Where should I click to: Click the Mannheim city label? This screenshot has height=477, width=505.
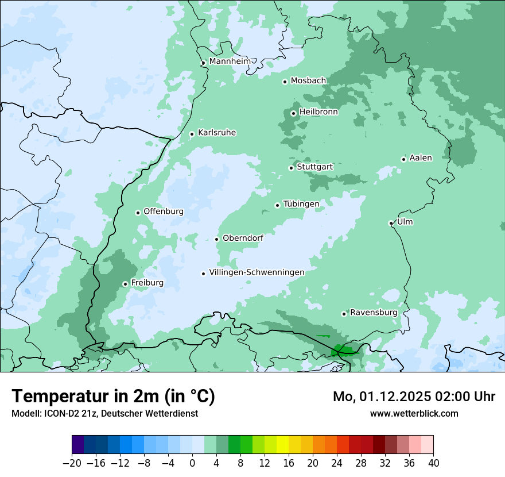tap(230, 61)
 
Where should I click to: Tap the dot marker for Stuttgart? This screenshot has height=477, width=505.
tap(292, 168)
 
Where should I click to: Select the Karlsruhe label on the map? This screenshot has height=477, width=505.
tap(216, 133)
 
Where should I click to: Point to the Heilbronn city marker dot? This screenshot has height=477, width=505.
tap(293, 113)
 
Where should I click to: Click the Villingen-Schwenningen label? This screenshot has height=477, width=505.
tap(257, 272)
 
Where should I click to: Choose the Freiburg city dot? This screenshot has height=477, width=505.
tap(125, 284)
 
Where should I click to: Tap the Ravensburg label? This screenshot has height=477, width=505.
tap(374, 313)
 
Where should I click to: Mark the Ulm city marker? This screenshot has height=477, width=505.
tap(391, 223)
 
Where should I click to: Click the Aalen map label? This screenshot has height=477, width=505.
tap(420, 158)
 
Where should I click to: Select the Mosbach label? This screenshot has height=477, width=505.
tap(308, 81)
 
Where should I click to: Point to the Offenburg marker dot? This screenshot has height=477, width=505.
tap(138, 213)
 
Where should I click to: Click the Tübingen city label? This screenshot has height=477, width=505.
tap(301, 205)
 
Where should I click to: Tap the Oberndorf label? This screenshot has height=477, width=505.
tap(243, 238)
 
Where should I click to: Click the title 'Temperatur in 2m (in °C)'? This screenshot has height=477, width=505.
tap(113, 397)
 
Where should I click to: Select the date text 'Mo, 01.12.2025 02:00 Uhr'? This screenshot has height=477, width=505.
tap(414, 397)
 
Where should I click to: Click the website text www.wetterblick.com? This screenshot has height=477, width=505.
tap(414, 413)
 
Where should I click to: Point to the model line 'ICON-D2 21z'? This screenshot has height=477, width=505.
tap(104, 413)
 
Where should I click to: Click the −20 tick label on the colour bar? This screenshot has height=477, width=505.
tap(72, 463)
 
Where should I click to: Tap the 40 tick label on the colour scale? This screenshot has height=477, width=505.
tap(433, 463)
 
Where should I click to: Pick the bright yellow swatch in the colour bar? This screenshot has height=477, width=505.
tap(282, 445)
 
